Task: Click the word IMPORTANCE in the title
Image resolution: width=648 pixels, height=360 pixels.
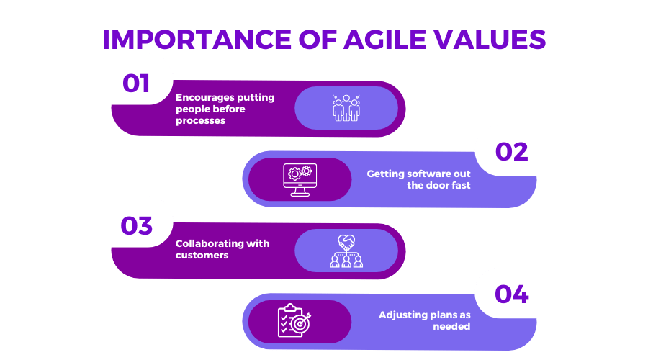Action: point(197,40)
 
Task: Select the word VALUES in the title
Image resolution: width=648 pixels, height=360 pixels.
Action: point(490,40)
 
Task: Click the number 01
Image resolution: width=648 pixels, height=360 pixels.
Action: point(136,84)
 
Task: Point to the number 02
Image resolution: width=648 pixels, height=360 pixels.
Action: point(512,152)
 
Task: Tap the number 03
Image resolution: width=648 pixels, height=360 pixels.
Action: point(136,225)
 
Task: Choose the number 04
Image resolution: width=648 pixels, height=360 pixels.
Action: point(512,294)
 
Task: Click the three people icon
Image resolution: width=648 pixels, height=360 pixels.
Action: point(346,108)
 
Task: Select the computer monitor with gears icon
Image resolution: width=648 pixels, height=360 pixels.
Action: point(300,180)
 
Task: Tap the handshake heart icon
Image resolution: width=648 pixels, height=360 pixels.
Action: point(346,251)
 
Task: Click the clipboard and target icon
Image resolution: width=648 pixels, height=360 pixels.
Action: point(294,320)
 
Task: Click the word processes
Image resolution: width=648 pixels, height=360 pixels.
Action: point(200,121)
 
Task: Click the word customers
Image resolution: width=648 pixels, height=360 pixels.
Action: point(202,255)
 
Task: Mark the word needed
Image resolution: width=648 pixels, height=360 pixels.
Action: point(451,326)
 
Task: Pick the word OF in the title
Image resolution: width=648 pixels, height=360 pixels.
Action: point(318,40)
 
